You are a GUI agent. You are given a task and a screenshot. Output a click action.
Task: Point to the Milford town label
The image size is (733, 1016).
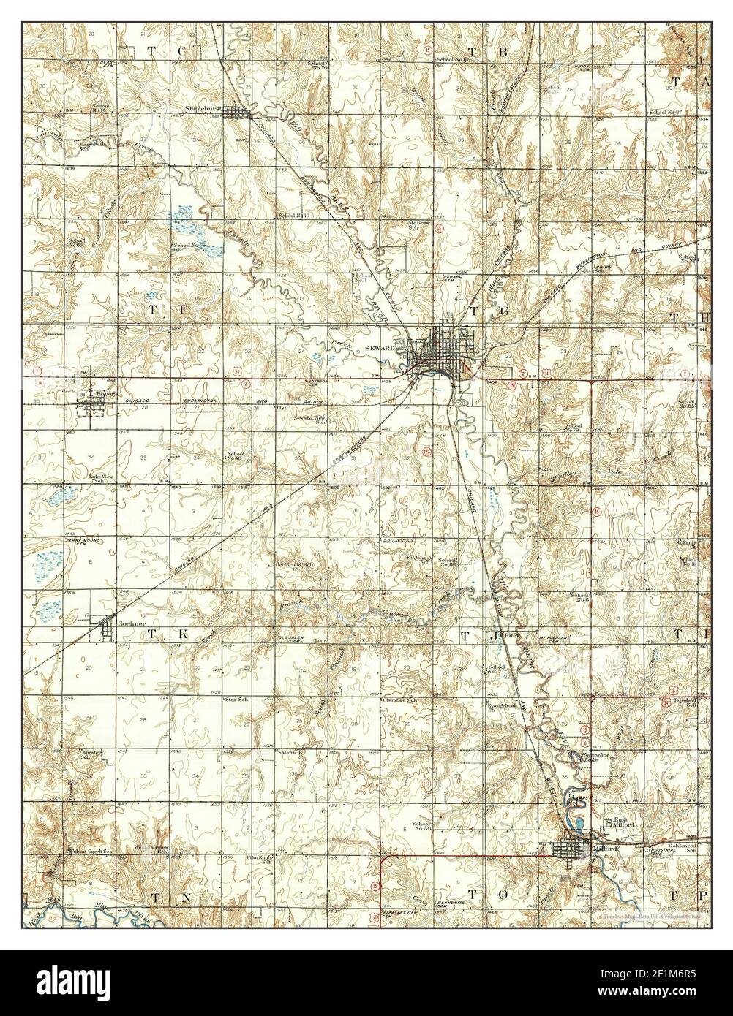point(606,849)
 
